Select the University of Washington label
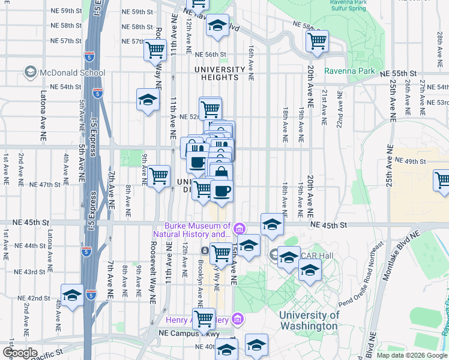(x=309, y=320)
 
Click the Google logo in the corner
(x=20, y=352)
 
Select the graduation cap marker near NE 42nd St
(x=72, y=295)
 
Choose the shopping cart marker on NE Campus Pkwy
(x=204, y=319)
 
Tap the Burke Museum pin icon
(x=239, y=229)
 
